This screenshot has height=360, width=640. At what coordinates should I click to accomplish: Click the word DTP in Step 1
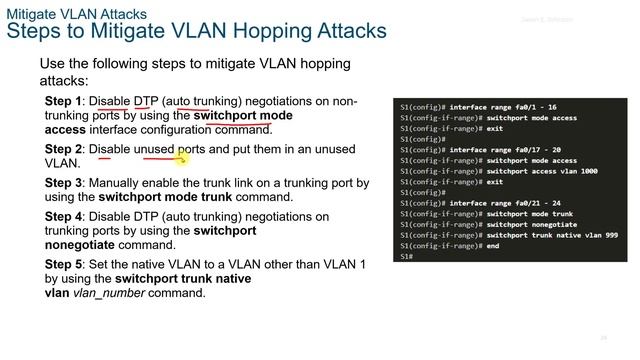[146, 101]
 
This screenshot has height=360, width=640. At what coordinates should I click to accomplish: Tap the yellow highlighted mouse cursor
[182, 155]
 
